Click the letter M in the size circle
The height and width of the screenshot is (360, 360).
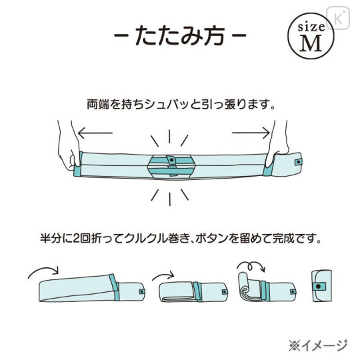click(x=311, y=44)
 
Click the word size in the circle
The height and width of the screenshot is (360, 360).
click(x=311, y=27)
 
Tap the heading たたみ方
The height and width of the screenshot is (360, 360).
click(x=180, y=35)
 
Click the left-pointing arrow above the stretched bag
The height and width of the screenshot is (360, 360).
click(x=95, y=133)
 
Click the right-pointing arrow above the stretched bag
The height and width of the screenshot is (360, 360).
click(x=251, y=133)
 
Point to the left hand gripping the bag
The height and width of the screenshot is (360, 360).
click(x=68, y=146)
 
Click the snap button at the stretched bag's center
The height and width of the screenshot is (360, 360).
click(x=171, y=159)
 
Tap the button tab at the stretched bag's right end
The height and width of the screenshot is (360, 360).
click(x=298, y=162)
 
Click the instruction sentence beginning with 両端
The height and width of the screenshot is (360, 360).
click(x=181, y=105)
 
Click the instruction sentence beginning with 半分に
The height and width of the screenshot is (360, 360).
click(x=181, y=239)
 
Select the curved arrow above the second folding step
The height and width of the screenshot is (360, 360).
click(x=163, y=275)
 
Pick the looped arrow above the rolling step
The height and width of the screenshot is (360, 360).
click(x=251, y=265)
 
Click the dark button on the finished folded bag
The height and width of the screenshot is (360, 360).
click(x=318, y=286)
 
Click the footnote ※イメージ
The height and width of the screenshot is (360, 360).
click(x=318, y=345)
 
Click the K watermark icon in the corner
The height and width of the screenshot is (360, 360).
click(x=338, y=18)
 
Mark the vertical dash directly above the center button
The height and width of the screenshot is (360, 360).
click(x=169, y=137)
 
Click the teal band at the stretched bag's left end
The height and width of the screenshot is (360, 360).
click(x=77, y=164)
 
